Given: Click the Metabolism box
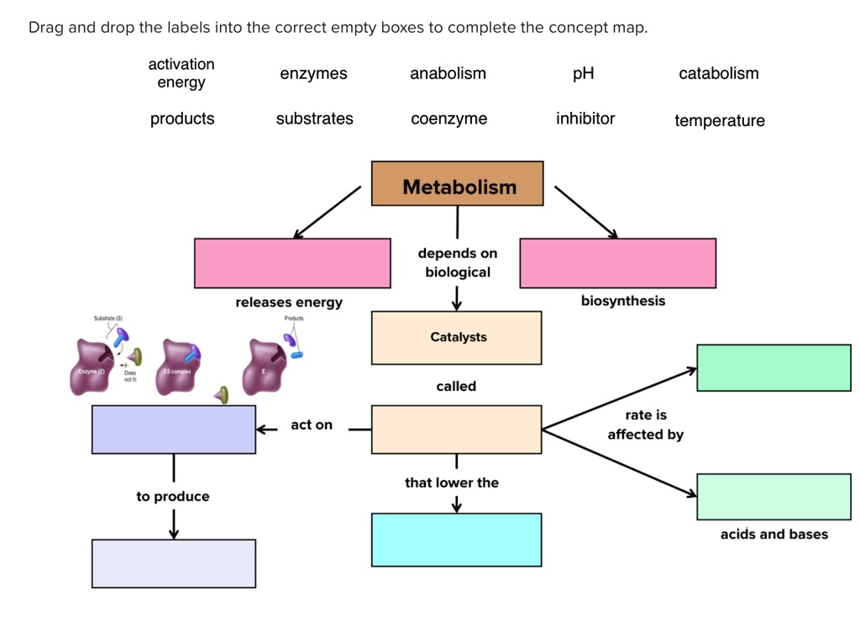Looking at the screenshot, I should click(458, 183).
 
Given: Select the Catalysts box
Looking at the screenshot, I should click(457, 338).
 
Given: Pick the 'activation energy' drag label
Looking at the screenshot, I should click(181, 73).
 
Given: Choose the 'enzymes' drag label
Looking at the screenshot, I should click(313, 74).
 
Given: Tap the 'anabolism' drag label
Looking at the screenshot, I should click(448, 74).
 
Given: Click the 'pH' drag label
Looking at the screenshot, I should click(583, 74).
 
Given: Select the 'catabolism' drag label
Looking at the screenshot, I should click(718, 74).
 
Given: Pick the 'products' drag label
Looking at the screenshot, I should click(182, 119).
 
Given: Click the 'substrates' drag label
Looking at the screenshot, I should click(314, 119).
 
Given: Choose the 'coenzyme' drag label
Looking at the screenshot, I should click(448, 119).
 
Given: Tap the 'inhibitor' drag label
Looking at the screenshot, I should click(585, 119).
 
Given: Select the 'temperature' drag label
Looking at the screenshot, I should click(719, 120).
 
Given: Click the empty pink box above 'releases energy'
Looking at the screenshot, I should click(292, 263).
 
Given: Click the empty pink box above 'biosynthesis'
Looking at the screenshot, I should click(618, 263).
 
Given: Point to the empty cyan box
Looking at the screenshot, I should click(457, 540).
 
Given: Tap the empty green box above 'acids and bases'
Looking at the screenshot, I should click(773, 497).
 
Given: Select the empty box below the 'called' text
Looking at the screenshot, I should click(457, 430).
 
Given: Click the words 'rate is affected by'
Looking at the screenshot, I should click(645, 424).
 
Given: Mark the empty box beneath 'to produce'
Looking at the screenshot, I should click(174, 563).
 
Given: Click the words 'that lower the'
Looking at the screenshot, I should click(451, 482).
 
